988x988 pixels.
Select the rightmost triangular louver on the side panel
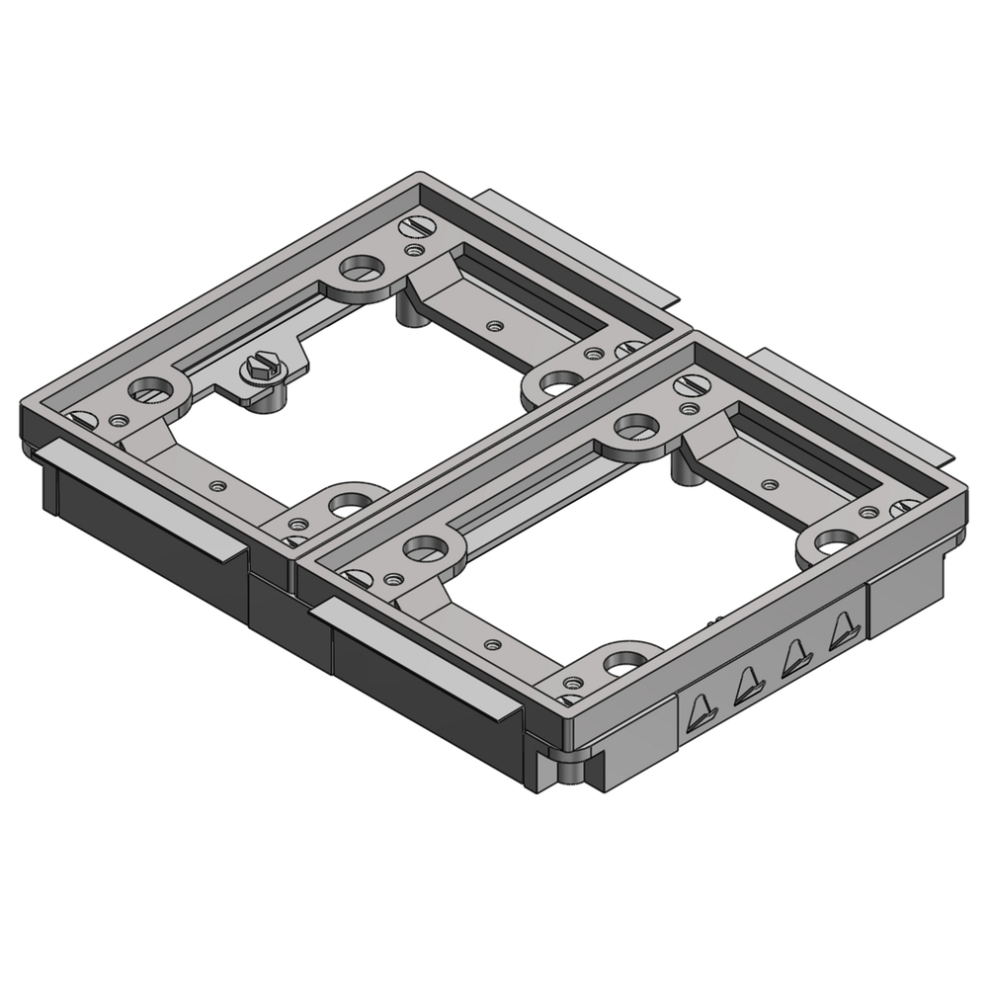843,630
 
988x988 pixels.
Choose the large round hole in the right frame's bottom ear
623,659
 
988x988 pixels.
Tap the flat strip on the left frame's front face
143,501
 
